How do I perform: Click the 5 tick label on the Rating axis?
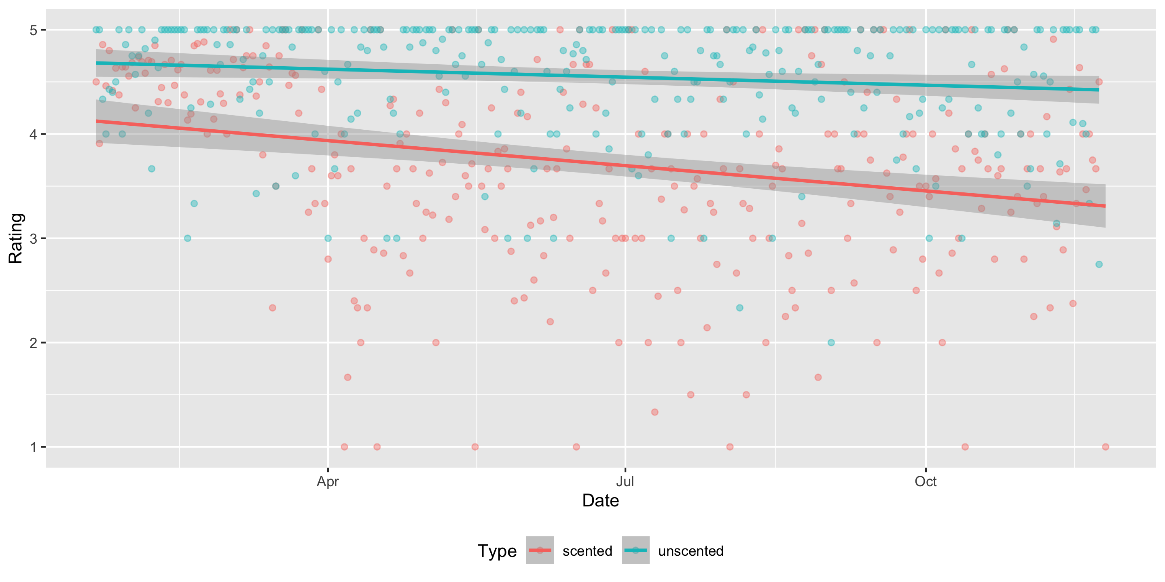33,30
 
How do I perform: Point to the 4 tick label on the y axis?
33,134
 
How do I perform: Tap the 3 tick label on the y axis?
33,238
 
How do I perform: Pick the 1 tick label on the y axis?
33,447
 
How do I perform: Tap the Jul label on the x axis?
625,482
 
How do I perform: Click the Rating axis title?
16,238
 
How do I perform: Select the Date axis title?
600,501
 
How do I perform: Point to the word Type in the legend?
497,551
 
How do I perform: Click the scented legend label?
587,551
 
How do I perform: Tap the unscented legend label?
691,551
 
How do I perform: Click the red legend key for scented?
540,550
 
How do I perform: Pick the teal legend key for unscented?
635,550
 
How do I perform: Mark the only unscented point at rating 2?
831,342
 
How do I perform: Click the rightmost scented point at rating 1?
1105,447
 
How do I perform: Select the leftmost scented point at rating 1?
344,447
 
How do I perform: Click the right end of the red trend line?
1105,206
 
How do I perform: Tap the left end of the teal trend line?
97,63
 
